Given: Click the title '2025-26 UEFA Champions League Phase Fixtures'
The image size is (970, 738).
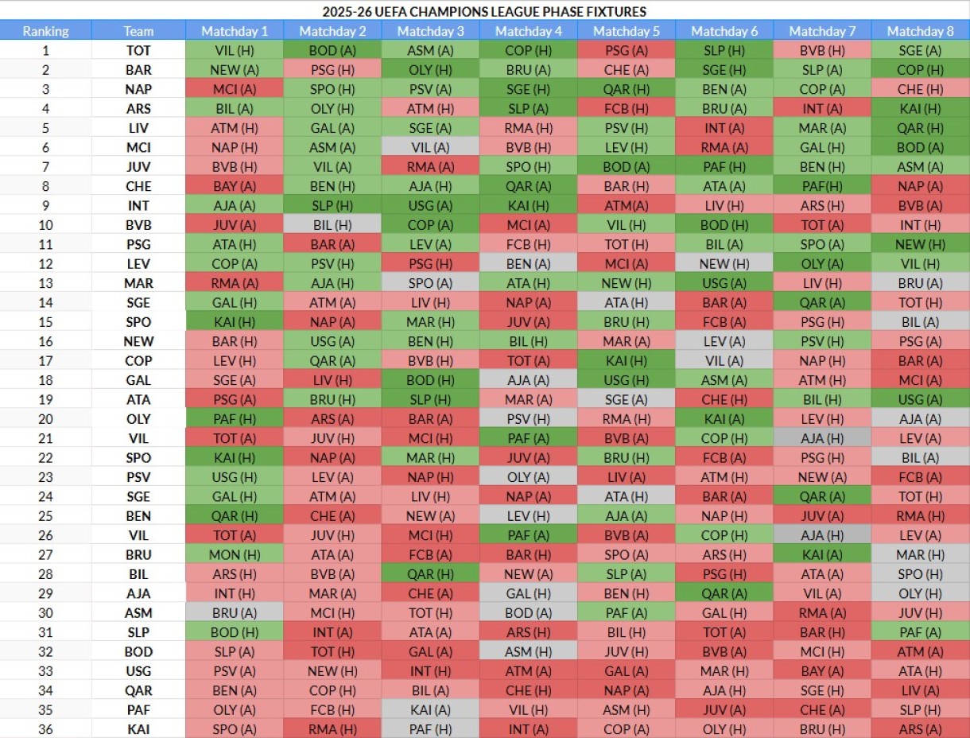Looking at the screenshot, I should pos(484,11).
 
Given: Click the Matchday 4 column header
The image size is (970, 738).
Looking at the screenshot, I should pos(529,31).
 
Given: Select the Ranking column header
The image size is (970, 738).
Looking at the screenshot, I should pos(45,31).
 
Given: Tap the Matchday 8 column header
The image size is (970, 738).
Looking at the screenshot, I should pos(920,31).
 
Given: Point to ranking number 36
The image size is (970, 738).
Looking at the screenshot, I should pos(45,728).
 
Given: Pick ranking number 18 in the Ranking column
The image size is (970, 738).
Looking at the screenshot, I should pos(45,380).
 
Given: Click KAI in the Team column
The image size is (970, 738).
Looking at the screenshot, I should pos(138,728).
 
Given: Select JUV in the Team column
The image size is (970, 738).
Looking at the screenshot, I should pos(138,167).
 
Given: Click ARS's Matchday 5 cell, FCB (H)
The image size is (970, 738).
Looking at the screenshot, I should pos(627,109).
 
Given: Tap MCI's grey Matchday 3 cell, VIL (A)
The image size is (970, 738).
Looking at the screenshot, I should pos(431,147).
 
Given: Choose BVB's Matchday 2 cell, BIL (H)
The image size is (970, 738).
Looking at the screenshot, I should pos(332,225).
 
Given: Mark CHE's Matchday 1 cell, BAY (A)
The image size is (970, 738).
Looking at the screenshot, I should pos(235,186).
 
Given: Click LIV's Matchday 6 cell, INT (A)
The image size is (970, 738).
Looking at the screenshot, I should pos(724,128).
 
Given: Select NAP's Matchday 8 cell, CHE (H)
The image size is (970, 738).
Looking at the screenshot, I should pos(920,89).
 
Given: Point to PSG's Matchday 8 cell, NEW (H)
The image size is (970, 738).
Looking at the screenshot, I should pos(920,244).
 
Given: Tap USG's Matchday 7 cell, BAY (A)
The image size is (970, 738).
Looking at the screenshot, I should pos(822,670).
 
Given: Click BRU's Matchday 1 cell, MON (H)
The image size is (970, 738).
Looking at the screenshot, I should pos(235,554).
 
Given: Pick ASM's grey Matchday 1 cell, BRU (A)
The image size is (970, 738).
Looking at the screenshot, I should pos(235,612).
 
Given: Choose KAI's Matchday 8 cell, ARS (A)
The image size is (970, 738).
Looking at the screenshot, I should pos(920,728).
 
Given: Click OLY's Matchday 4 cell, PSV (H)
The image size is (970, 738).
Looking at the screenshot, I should pos(529,418).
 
